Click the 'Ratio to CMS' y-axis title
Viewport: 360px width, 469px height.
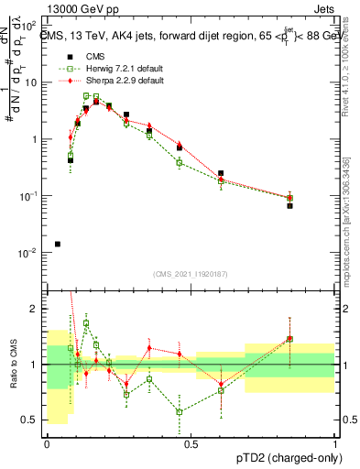[x=12, y=365]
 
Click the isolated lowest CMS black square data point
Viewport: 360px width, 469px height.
[x=58, y=244]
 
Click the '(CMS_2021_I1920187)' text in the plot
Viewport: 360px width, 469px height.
[x=191, y=273]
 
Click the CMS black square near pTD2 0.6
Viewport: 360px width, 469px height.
[x=221, y=173]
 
